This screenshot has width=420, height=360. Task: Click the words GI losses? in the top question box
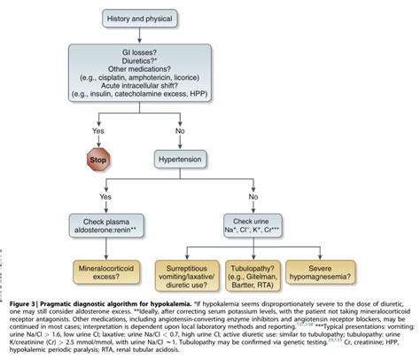click(x=209, y=56)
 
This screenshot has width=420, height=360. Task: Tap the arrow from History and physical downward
click(x=209, y=38)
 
